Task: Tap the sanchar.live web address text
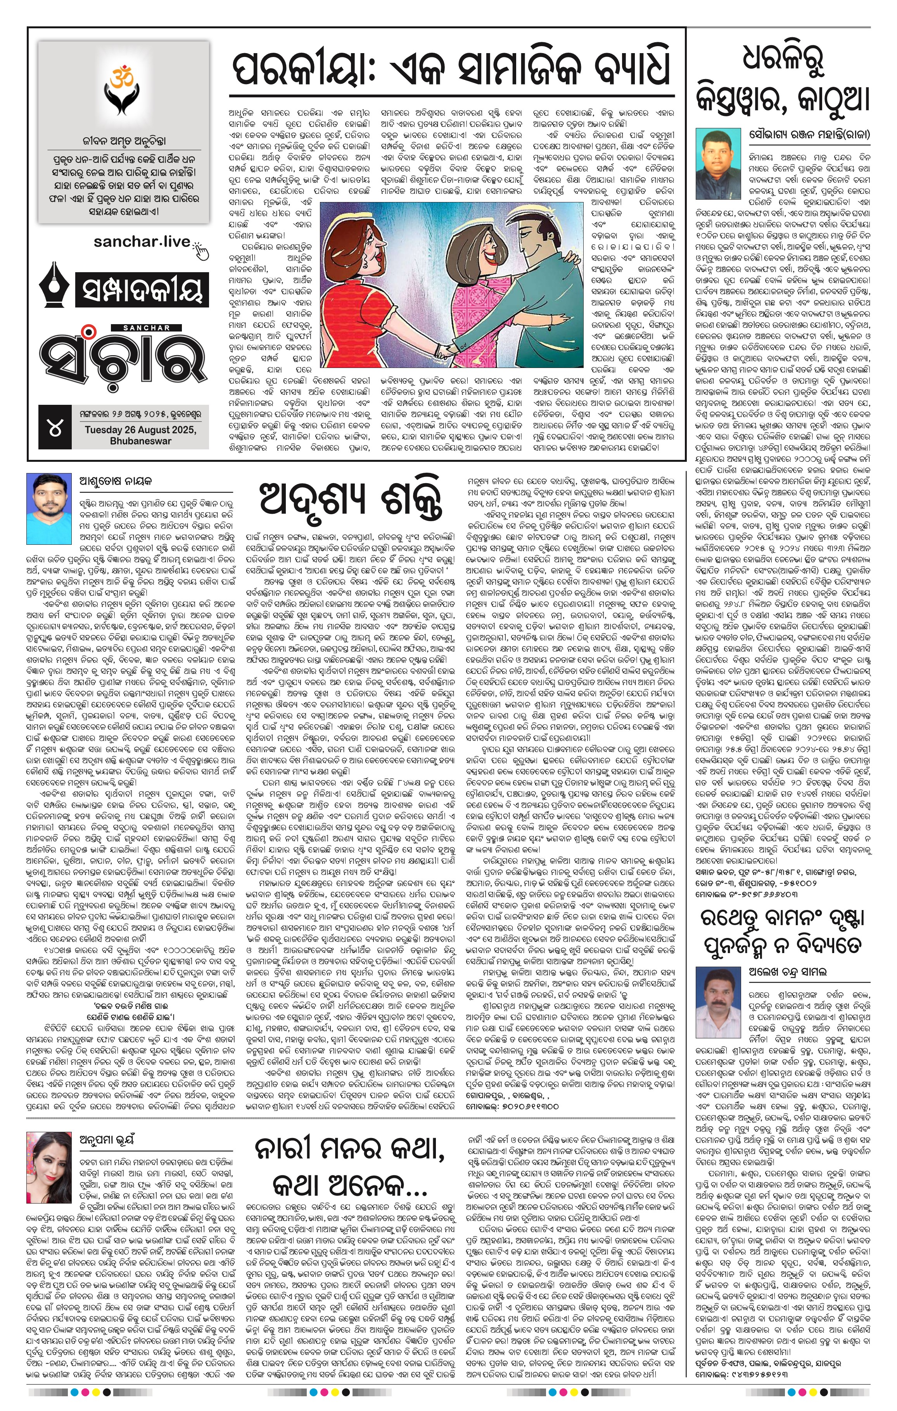click(x=142, y=242)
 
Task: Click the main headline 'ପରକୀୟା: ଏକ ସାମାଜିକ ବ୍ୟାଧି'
click(x=451, y=71)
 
